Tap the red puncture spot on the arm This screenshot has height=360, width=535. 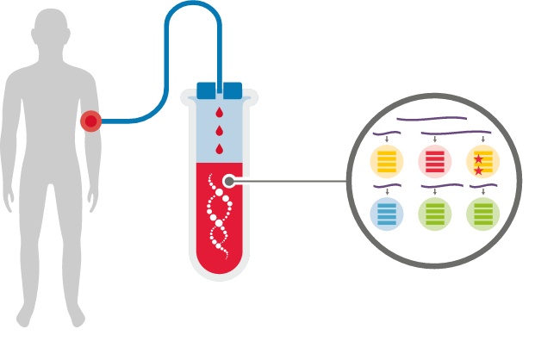coord(90,121)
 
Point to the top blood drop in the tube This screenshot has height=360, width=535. coord(219,113)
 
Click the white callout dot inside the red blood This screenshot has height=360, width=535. coord(228,182)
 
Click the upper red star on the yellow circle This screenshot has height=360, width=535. coord(478,158)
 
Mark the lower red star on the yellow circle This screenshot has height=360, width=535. coord(478,171)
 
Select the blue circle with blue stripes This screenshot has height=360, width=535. coord(387,214)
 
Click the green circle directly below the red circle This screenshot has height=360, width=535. coord(435,214)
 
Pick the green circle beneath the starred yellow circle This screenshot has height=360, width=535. coord(482,214)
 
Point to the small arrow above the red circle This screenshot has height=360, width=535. coord(435,140)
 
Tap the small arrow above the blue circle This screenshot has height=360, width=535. coord(387,191)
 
